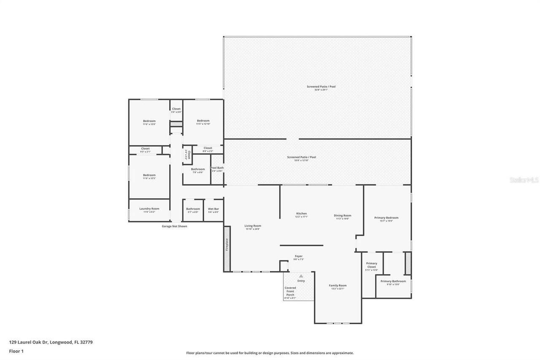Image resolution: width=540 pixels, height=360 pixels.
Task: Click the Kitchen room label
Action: [x=301, y=214]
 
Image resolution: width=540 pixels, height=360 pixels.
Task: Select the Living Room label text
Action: [x=253, y=226]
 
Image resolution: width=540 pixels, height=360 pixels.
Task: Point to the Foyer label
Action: [x=298, y=256]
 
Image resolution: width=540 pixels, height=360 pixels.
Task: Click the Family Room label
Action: [x=337, y=286]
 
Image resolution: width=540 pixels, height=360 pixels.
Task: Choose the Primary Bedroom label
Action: [x=386, y=218]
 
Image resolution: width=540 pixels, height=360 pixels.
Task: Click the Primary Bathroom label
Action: [x=393, y=281]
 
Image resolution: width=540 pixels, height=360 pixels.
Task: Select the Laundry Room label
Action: [x=149, y=208]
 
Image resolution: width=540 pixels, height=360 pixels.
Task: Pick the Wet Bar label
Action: [x=213, y=209]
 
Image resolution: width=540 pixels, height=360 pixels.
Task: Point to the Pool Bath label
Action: [x=217, y=168]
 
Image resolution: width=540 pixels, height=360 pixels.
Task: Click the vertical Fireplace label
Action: [x=227, y=245]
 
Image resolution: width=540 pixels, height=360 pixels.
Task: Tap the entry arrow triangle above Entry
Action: [x=301, y=276]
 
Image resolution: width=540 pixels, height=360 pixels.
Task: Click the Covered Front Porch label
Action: [x=290, y=291]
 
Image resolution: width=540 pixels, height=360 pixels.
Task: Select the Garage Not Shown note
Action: [x=174, y=226]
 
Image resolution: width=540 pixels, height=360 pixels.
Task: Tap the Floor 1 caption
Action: [x=16, y=351]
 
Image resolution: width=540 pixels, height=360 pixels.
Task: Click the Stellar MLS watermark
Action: [x=524, y=180]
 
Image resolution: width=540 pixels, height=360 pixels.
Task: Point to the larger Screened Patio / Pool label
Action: [x=321, y=87]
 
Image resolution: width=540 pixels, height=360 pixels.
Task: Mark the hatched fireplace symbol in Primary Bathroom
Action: [x=408, y=263]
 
